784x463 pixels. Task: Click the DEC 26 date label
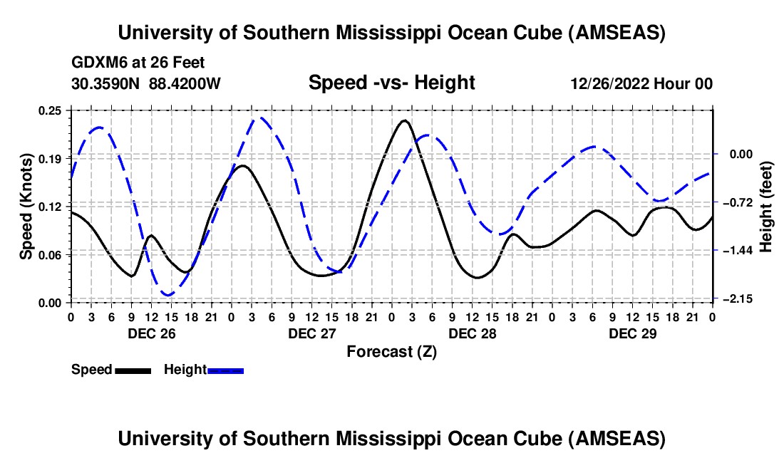click(x=150, y=333)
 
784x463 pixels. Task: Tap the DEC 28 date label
click(x=471, y=333)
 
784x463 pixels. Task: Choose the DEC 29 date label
click(x=631, y=333)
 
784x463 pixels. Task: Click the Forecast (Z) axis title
click(x=391, y=351)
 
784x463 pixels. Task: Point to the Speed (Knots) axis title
click(x=26, y=206)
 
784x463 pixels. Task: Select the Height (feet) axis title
click(x=766, y=206)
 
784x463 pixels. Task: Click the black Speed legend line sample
click(x=133, y=370)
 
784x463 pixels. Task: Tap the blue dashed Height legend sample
click(x=226, y=370)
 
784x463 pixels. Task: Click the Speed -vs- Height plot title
click(x=391, y=83)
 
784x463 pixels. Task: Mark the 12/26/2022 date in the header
click(x=608, y=84)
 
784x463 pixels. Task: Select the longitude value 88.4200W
click(x=185, y=84)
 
